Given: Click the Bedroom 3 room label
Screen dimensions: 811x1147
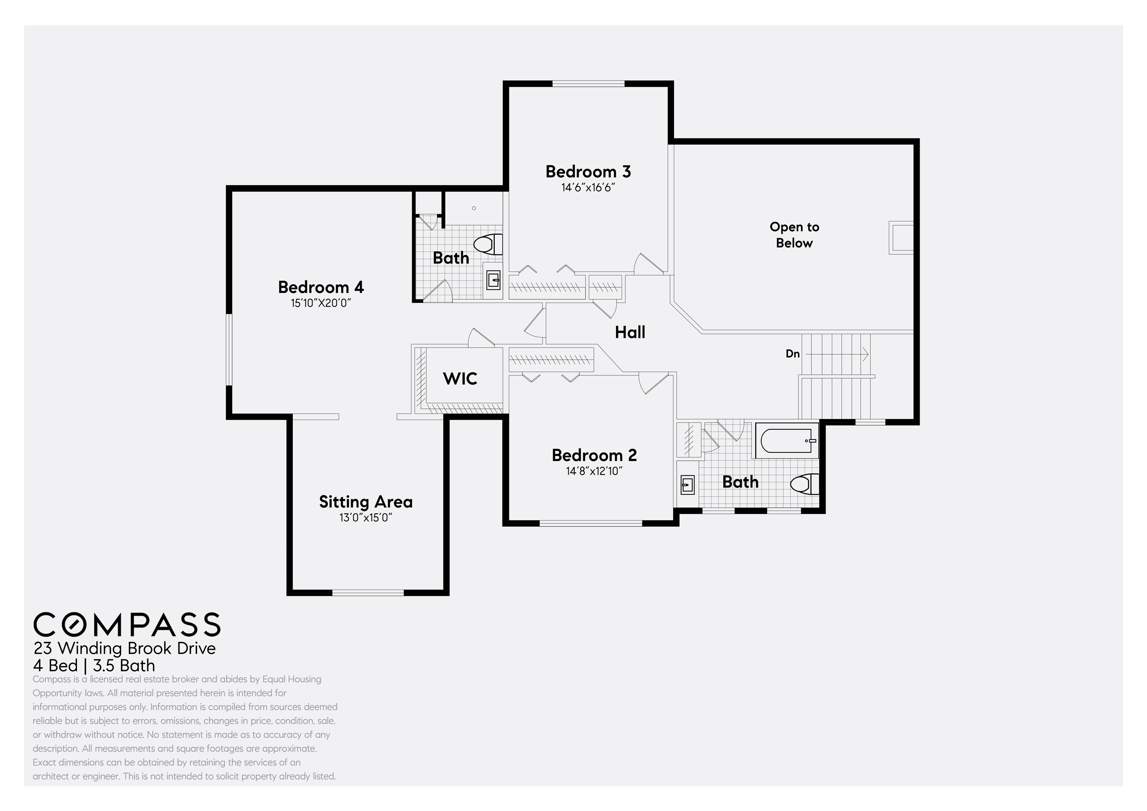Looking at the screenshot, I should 588,171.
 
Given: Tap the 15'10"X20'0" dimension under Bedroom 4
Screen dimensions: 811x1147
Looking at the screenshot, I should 321,303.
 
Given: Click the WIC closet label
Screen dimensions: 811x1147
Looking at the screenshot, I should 460,378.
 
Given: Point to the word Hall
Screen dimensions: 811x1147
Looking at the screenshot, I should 630,332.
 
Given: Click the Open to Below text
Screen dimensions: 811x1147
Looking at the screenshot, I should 794,234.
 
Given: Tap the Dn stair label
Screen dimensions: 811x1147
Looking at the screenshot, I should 792,354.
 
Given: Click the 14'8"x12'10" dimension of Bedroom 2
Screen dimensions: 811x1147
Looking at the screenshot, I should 594,471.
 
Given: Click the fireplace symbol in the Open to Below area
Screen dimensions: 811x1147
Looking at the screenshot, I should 901,238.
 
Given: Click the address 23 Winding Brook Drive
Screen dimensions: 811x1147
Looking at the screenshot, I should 124,648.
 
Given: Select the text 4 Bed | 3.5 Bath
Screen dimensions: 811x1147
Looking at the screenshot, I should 94,666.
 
